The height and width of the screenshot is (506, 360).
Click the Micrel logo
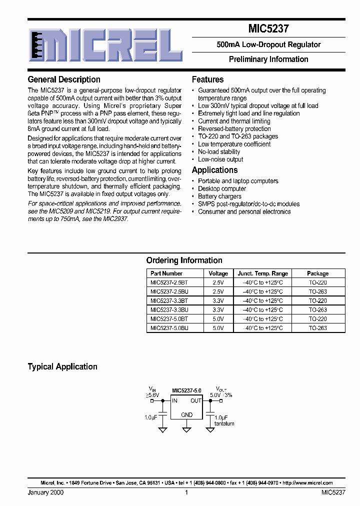pyautogui.click(x=105, y=44)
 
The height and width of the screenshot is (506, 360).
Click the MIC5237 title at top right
pyautogui.click(x=268, y=29)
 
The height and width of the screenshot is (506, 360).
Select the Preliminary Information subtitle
pyautogui.click(x=268, y=59)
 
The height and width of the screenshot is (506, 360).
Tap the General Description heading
pyautogui.click(x=64, y=79)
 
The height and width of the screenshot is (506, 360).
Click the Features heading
pyautogui.click(x=207, y=79)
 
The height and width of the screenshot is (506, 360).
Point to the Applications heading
pyautogui.click(x=214, y=170)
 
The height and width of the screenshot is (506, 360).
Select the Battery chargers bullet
pyautogui.click(x=219, y=196)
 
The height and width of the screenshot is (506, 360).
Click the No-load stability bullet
pyautogui.click(x=219, y=151)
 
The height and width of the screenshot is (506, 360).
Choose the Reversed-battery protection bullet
pyautogui.click(x=234, y=128)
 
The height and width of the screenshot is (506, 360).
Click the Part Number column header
pyautogui.click(x=166, y=273)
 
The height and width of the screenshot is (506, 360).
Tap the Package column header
pyautogui.click(x=317, y=273)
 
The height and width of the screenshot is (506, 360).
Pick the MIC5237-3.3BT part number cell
pyautogui.click(x=169, y=301)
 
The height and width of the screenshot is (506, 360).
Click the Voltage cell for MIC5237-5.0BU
pyautogui.click(x=218, y=328)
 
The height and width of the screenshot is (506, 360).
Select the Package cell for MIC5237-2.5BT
pyautogui.click(x=317, y=282)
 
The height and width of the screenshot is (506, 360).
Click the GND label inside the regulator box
pyautogui.click(x=186, y=414)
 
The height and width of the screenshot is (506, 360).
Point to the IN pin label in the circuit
pyautogui.click(x=175, y=400)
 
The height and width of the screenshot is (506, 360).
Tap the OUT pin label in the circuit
pyautogui.click(x=196, y=400)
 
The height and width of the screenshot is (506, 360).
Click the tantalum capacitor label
pyautogui.click(x=224, y=423)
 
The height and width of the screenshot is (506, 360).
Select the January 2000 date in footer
pyautogui.click(x=45, y=492)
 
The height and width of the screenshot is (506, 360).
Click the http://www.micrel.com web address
pyautogui.click(x=307, y=483)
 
